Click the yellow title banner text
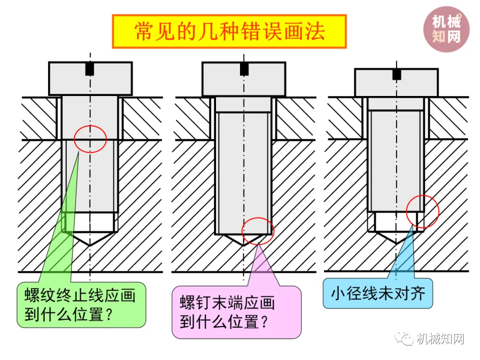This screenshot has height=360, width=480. click(229, 32)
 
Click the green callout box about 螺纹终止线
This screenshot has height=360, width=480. click(82, 305)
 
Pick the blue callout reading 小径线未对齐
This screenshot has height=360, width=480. click(378, 293)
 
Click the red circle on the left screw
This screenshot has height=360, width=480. click(90, 139)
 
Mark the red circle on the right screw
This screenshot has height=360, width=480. click(423, 212)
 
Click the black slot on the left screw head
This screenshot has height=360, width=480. click(90, 69)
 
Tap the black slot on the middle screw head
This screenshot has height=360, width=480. click(244, 69)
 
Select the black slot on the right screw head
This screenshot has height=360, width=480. click(396, 75)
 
